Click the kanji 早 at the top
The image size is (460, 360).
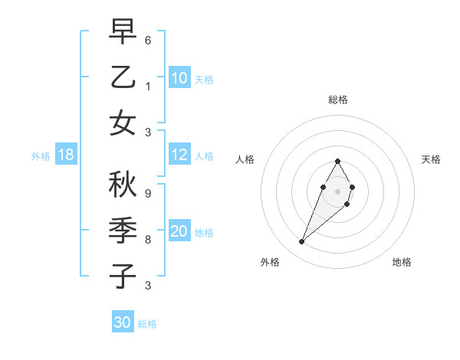[x=123, y=31]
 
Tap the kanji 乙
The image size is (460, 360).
[x=123, y=77]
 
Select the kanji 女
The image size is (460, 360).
[x=123, y=123]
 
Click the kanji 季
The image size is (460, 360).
[x=123, y=231]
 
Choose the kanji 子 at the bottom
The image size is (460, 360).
[x=123, y=277]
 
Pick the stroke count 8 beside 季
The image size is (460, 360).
[x=148, y=239]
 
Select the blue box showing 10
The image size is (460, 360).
[x=179, y=78]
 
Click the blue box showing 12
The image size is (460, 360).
[x=179, y=155]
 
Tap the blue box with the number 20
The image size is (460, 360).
[x=179, y=232]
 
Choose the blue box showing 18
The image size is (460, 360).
[x=66, y=155]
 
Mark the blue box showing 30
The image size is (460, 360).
[x=123, y=322]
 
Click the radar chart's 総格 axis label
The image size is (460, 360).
[x=338, y=100]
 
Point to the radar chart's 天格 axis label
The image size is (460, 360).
[x=431, y=159]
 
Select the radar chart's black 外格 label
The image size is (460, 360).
[x=270, y=262]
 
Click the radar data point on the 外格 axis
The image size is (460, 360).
[x=302, y=241]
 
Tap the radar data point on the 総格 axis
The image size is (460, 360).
[x=337, y=161]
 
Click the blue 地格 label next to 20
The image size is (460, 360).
[x=204, y=233]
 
